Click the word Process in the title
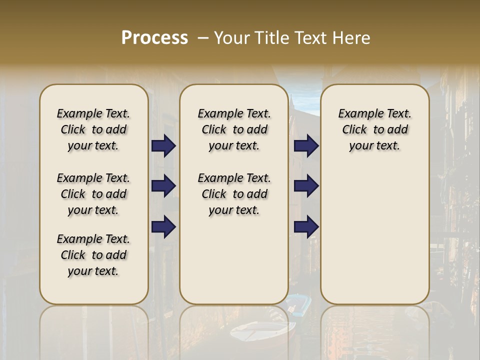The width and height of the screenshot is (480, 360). [154, 38]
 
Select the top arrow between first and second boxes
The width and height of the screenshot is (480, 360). [163, 146]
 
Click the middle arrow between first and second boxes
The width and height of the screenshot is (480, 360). [163, 186]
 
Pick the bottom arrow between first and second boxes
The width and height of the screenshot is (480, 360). [163, 227]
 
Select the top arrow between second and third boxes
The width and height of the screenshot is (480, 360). [306, 146]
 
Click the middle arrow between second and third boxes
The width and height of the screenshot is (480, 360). [306, 186]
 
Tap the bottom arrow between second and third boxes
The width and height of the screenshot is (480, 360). [306, 227]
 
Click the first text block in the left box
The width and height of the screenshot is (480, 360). [93, 129]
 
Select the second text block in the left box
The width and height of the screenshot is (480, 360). [93, 194]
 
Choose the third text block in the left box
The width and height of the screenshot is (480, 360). [93, 255]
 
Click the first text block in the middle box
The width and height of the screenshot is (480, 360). [234, 129]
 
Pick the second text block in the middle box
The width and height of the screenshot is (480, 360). [234, 194]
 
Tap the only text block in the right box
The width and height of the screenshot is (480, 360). [374, 129]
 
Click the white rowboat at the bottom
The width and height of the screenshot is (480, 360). [262, 331]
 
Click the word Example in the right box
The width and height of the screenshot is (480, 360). [356, 114]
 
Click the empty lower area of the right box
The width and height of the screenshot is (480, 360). [374, 240]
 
